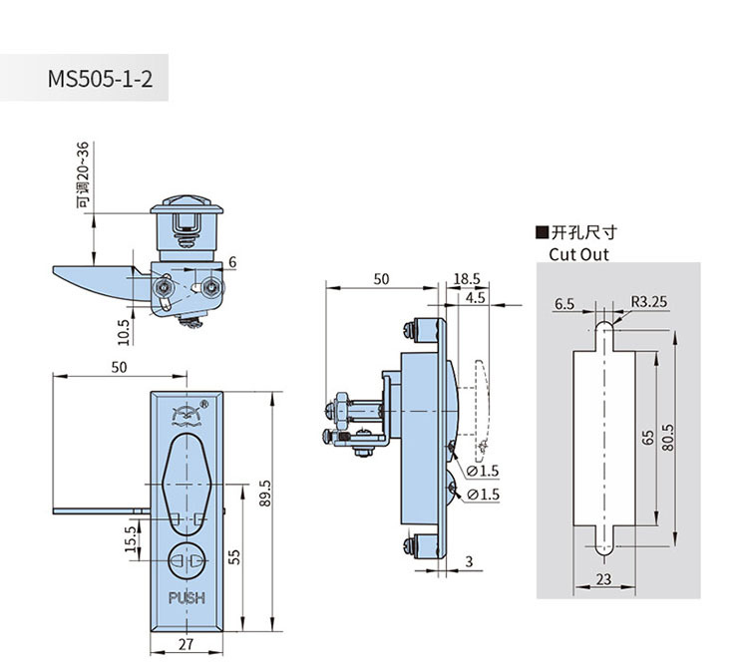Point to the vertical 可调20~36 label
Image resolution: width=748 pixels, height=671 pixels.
tap(84, 174)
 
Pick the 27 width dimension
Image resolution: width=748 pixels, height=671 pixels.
tap(186, 644)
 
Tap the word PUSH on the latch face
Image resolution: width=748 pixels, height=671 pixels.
tap(187, 598)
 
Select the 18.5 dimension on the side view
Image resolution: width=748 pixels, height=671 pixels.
tap(466, 280)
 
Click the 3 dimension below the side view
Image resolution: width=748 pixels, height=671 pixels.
tap(468, 562)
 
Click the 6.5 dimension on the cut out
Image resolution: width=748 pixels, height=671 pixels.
tap(565, 304)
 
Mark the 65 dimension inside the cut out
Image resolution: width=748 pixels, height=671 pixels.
tap(646, 439)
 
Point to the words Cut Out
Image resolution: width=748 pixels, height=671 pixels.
tap(578, 254)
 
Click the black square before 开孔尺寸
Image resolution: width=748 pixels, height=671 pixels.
tap(542, 233)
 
